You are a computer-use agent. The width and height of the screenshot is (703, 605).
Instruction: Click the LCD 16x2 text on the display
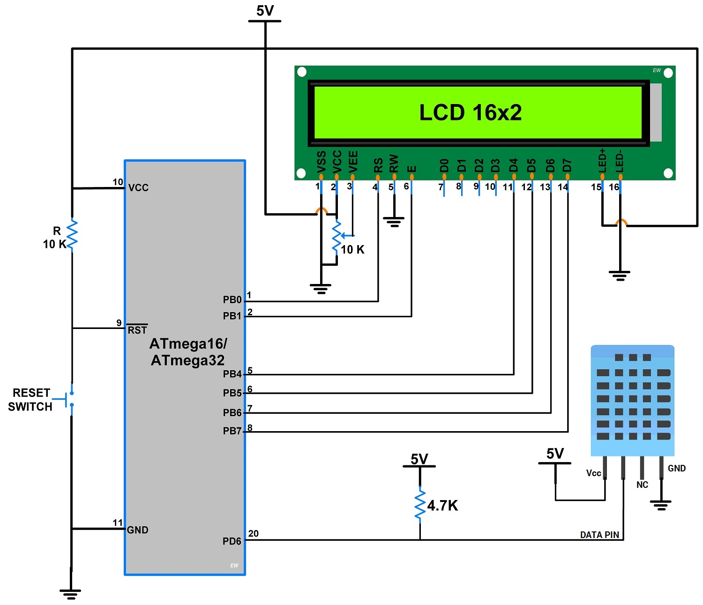pos(470,112)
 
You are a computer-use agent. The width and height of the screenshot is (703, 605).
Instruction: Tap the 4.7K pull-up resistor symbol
pos(420,505)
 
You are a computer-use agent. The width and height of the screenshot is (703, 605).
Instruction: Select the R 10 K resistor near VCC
pos(72,235)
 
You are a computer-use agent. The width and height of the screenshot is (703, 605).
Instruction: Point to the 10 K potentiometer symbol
pos(337,237)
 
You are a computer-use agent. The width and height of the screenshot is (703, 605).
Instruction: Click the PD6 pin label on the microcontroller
pos(232,541)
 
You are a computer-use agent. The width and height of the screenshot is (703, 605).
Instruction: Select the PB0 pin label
pos(232,299)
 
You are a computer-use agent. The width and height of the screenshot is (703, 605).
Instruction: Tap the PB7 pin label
pos(232,431)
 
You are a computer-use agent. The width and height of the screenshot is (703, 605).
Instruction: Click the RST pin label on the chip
pos(137,330)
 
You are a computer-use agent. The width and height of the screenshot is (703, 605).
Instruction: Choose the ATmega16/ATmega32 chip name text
pos(188,352)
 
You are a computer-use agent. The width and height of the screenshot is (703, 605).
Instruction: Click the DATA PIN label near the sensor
pos(599,535)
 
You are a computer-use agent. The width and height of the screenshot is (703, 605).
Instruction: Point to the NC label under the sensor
pos(642,485)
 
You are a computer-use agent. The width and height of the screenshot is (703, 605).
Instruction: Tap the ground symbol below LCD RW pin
pos(394,221)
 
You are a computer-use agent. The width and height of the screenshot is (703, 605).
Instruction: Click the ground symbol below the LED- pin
pos(620,275)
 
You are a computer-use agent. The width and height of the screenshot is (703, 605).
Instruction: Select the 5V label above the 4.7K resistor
pos(419,459)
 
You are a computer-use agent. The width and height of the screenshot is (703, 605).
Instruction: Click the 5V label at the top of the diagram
pos(265,11)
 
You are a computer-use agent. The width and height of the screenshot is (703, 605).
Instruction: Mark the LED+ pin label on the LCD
pos(603,161)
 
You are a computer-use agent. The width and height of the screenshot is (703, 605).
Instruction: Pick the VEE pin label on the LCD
pos(353,161)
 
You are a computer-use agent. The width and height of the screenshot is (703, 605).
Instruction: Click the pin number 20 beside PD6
pos(253,533)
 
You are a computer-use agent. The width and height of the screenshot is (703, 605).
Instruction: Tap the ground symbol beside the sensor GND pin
pos(661,505)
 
